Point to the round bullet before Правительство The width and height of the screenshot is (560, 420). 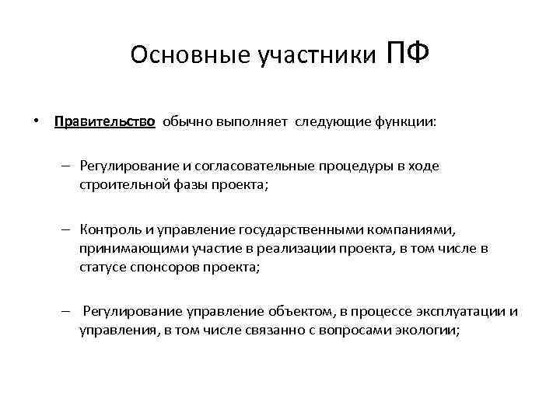(37, 122)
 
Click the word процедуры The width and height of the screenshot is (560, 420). (353, 166)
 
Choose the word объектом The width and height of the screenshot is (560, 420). (295, 313)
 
